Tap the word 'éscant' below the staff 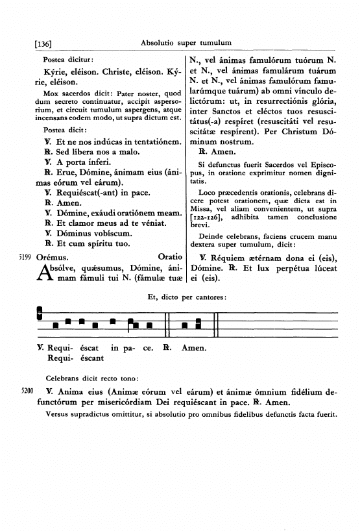[x=91, y=358]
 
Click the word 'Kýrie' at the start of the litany [x=55, y=68]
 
